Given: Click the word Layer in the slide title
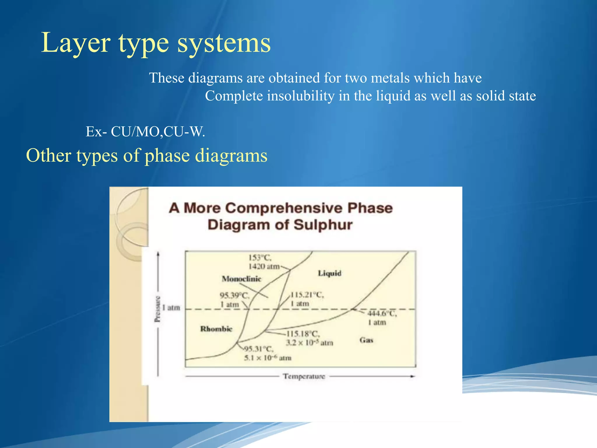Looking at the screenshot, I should [75, 43].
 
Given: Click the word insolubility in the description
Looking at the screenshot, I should [301, 96].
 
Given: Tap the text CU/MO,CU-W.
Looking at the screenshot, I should [158, 132].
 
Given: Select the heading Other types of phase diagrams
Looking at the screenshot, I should [147, 155].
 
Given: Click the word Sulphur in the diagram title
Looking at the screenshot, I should [323, 225].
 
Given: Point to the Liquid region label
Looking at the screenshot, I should [329, 273].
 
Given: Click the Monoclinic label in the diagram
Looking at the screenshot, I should [241, 279].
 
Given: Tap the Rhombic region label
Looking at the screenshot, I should [216, 329].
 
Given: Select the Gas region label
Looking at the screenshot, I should [366, 340].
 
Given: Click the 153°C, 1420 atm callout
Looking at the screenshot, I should [264, 262].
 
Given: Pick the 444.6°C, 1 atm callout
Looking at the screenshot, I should [381, 318].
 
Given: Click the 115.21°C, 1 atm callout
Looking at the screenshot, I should [307, 299].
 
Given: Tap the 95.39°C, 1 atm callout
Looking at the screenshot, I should [234, 300].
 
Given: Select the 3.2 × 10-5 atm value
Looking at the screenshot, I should [309, 343].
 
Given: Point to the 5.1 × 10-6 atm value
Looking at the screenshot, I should [268, 358].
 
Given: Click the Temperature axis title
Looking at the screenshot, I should [304, 376].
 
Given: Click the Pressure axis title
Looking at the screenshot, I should [157, 309].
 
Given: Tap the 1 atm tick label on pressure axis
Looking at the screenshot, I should [171, 308].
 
